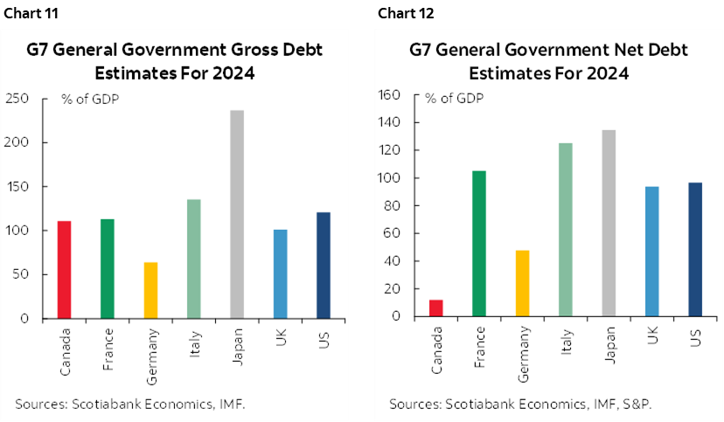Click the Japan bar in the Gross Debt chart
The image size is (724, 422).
coord(237,214)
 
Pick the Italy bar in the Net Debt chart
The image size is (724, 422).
coord(565,230)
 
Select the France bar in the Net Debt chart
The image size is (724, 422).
coord(479,244)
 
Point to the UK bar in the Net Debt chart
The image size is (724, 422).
coord(651,252)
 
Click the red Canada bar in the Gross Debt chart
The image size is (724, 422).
coord(65,269)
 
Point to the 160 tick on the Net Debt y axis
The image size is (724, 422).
coord(388,94)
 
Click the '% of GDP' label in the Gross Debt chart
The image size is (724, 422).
coord(90,98)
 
